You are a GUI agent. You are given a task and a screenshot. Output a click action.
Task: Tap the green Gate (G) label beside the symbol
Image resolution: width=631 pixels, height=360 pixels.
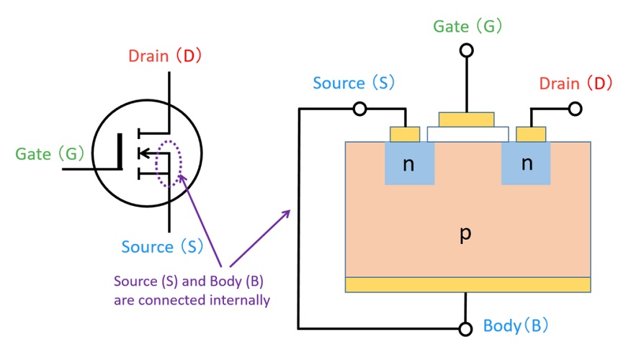(50, 154)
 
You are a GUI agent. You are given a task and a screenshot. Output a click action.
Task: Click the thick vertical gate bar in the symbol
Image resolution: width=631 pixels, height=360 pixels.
(120, 152)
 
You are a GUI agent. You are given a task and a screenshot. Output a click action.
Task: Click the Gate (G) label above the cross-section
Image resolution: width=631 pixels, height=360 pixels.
(467, 27)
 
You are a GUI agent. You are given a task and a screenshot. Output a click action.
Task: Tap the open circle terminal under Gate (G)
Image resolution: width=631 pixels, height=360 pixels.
(467, 50)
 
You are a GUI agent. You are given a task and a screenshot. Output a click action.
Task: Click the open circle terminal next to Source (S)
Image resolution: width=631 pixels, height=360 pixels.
(360, 109)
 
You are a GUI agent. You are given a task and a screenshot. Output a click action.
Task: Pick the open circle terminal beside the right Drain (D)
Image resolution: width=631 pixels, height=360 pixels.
(575, 109)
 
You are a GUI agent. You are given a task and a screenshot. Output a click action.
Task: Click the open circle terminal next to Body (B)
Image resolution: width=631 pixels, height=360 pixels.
(467, 329)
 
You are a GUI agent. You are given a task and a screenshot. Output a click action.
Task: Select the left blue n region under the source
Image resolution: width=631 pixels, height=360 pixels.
(409, 163)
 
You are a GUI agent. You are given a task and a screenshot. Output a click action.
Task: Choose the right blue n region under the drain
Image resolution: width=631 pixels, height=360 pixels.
(526, 163)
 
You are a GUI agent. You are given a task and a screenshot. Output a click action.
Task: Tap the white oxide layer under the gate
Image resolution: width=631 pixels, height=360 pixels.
(467, 134)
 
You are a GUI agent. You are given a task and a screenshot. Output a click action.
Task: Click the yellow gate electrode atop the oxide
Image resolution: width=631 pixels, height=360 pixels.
(467, 120)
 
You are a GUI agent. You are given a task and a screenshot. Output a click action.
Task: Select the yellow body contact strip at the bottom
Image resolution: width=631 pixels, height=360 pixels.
(467, 284)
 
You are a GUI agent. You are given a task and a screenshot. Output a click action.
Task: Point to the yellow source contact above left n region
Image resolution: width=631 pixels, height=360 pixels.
(404, 134)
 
